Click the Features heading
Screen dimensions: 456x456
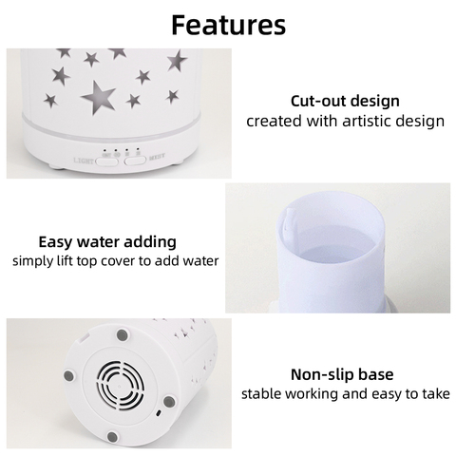(228, 25)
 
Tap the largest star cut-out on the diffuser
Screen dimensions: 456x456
(99, 97)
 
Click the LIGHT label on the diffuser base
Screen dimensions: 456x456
(84, 161)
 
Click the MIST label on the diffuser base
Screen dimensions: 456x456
(157, 157)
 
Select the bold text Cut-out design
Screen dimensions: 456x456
(345, 101)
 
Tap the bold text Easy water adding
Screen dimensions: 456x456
(107, 242)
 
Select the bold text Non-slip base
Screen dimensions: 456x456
(342, 374)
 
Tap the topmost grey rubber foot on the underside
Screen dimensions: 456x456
(123, 335)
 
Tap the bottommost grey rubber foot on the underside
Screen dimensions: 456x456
(112, 437)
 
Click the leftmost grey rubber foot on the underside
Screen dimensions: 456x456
(69, 376)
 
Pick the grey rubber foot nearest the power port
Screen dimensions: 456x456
(169, 402)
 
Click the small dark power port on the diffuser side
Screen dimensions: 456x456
(159, 413)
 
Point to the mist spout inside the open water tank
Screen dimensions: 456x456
(289, 219)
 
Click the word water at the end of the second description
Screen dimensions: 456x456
(202, 261)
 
